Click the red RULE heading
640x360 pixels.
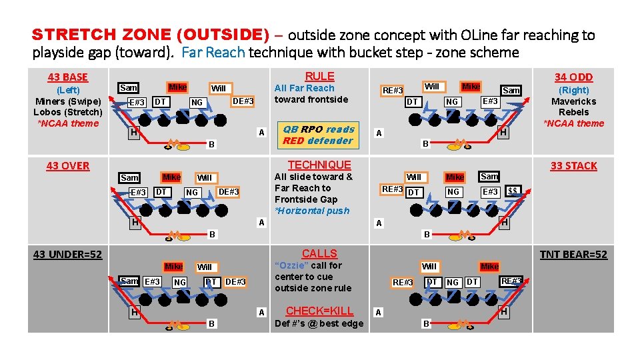pos(319,77)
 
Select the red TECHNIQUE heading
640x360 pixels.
pos(319,165)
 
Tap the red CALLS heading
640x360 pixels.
pos(319,253)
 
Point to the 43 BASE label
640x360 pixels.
pos(67,77)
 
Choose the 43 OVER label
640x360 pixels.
pos(67,165)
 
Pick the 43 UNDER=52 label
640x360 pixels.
pos(67,254)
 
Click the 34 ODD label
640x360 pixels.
pos(573,77)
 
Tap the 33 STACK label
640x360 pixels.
pos(573,165)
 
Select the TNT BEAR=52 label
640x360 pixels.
pos(573,254)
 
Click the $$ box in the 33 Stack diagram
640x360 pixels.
pos(513,191)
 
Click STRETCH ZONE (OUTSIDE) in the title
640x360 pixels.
pos(151,35)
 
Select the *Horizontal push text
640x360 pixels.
pos(312,211)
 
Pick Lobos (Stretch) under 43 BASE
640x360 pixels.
pos(68,112)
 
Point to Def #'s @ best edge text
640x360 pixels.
pos(319,324)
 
